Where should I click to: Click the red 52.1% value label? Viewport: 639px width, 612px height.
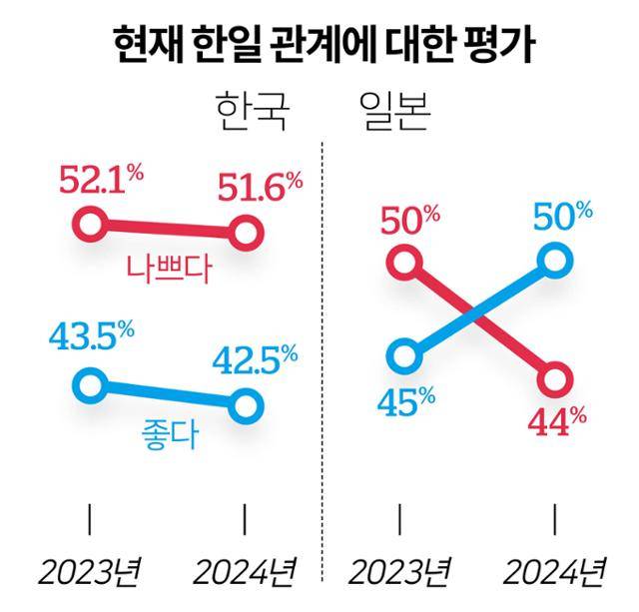(101, 183)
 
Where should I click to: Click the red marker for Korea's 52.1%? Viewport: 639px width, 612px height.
(90, 225)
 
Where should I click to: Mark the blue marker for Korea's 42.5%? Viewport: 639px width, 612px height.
(246, 405)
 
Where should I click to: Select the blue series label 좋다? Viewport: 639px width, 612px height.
(168, 437)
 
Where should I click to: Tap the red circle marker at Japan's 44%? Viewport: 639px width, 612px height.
(555, 379)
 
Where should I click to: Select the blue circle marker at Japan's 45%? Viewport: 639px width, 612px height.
(402, 354)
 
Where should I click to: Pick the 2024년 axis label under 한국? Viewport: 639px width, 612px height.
(245, 572)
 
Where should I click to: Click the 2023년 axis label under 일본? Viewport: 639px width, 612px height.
(398, 572)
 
